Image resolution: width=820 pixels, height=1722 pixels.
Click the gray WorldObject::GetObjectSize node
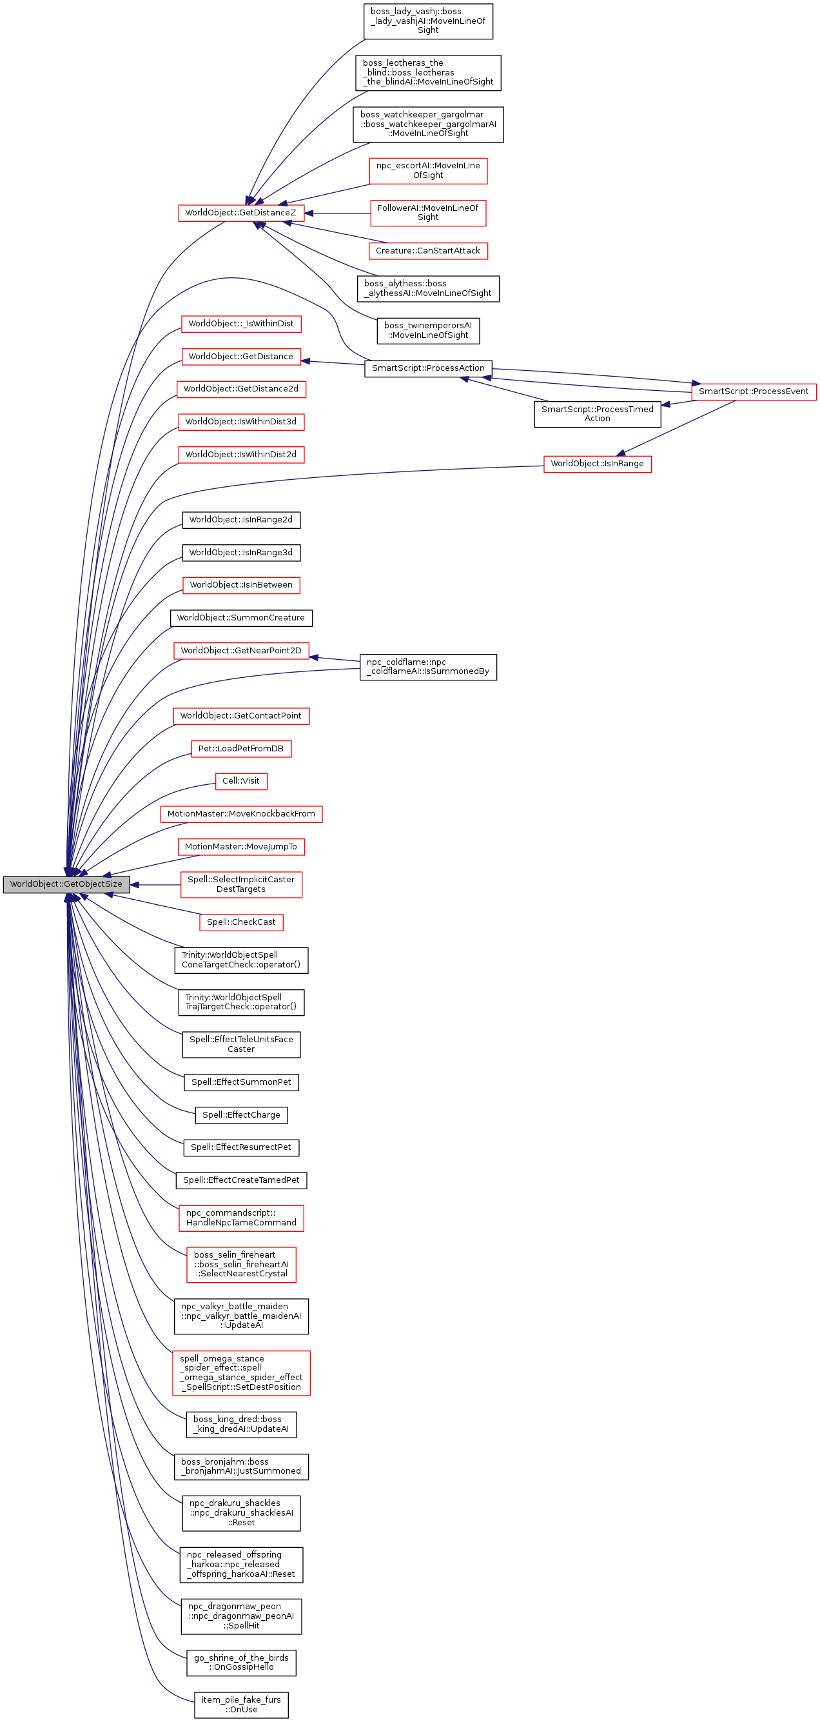click(66, 884)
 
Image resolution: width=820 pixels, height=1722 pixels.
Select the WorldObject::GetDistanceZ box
click(240, 213)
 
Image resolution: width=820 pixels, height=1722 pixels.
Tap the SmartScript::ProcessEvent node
click(753, 391)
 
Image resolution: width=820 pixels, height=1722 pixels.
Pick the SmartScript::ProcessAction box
click(427, 368)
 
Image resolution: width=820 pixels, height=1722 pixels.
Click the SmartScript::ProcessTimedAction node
click(597, 414)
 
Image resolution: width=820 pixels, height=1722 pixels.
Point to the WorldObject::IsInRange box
click(597, 464)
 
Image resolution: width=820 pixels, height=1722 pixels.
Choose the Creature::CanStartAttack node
click(427, 251)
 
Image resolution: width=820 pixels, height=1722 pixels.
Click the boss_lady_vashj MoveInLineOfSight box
click(427, 21)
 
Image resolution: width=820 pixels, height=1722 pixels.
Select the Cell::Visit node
click(240, 781)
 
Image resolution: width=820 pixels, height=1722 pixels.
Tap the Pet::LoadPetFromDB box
click(240, 749)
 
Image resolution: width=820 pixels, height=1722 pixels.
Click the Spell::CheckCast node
click(240, 922)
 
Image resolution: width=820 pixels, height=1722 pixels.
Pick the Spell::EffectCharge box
click(240, 1115)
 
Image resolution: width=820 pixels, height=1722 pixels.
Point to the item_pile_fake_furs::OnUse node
click(240, 1705)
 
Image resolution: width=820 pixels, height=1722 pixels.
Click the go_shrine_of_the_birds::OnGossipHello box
click(240, 1662)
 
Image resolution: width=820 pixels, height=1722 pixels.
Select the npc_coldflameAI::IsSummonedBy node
click(427, 666)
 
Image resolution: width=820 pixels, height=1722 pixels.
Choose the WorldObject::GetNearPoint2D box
click(240, 651)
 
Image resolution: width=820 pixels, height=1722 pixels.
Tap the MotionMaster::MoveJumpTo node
click(240, 847)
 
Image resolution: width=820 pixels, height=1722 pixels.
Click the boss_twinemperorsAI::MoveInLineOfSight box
click(427, 330)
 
